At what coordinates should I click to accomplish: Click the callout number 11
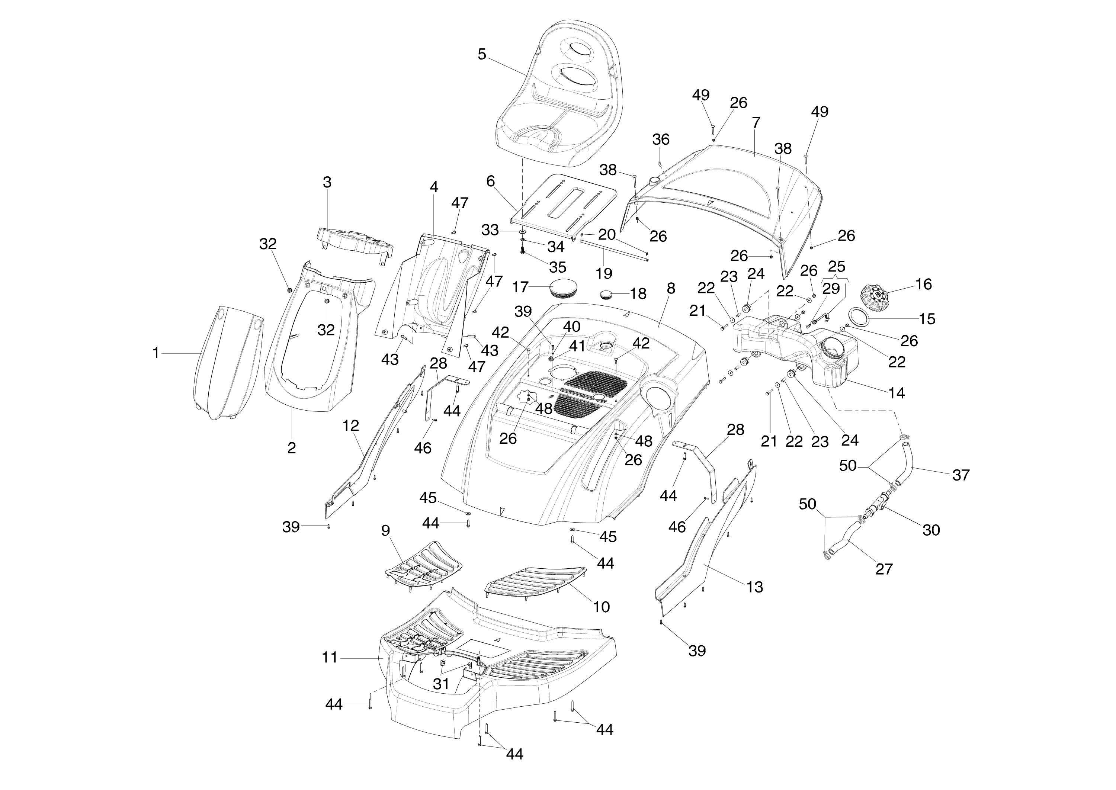pyautogui.click(x=330, y=658)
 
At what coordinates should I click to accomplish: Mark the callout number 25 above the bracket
pyautogui.click(x=836, y=267)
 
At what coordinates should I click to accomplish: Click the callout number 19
pyautogui.click(x=604, y=273)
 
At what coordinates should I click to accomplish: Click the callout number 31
pyautogui.click(x=441, y=684)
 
